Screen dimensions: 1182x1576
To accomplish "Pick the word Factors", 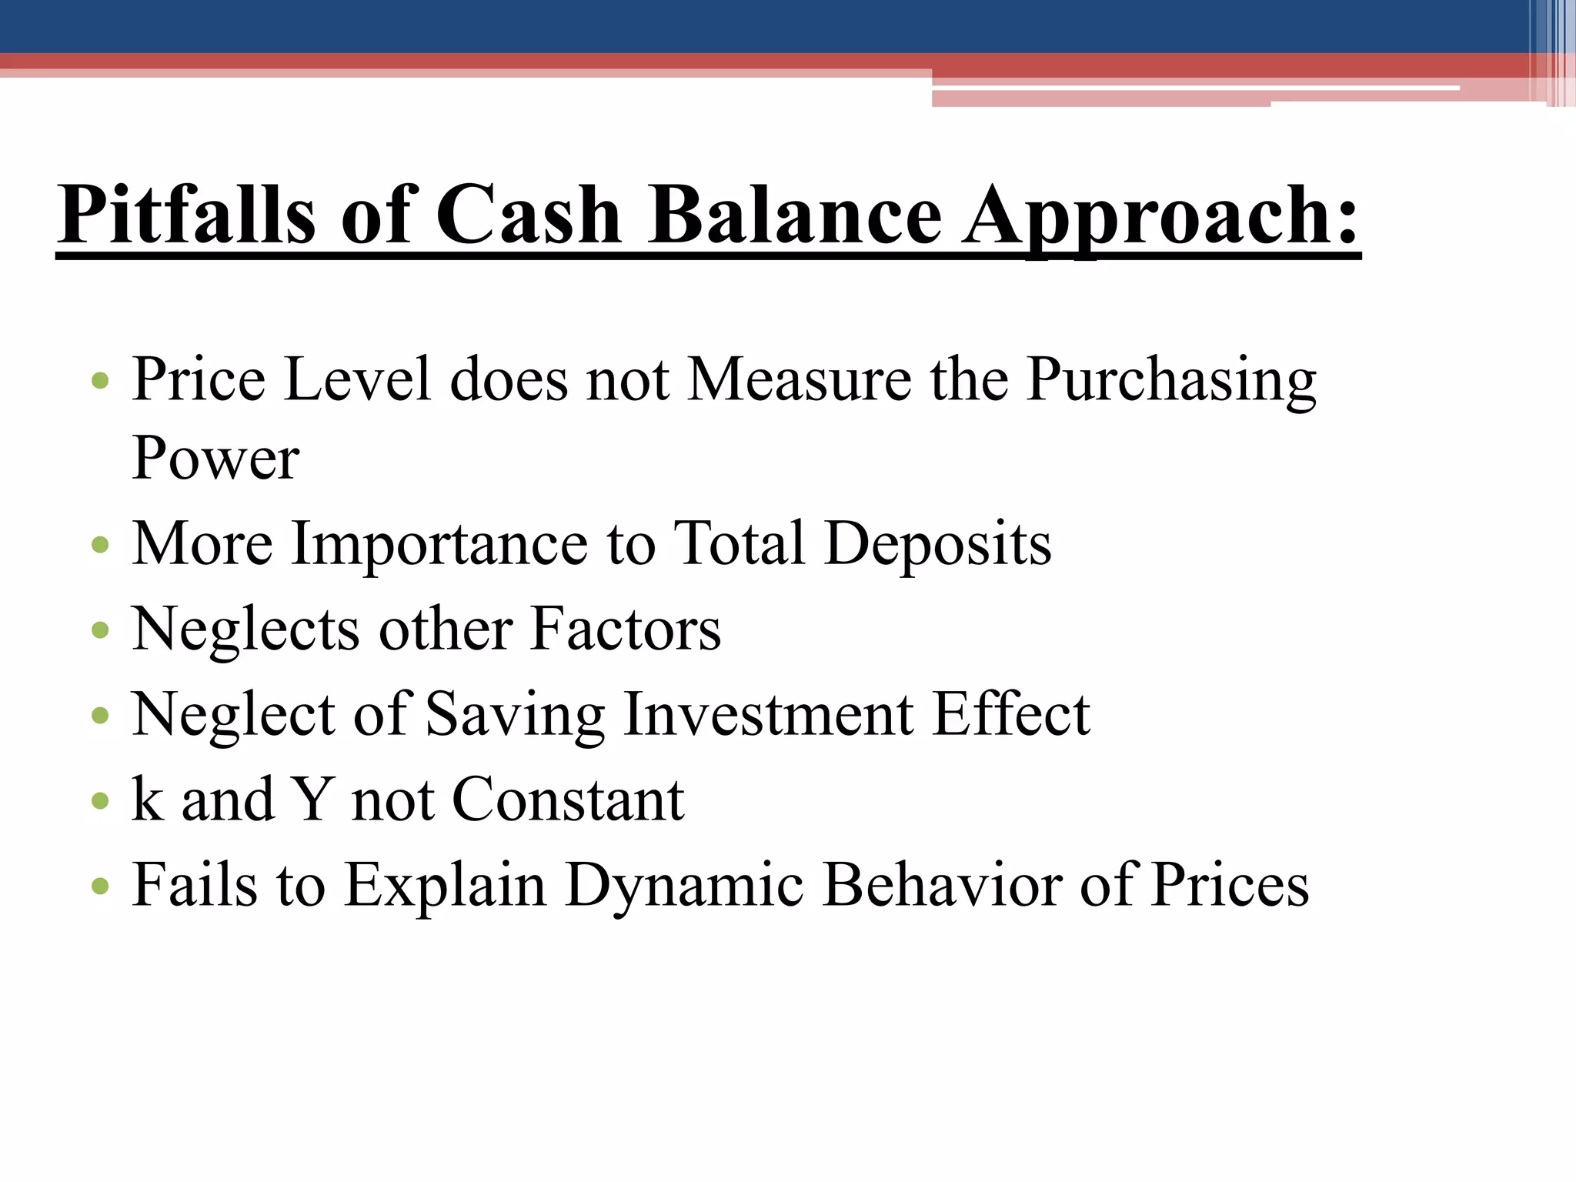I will pos(626,629).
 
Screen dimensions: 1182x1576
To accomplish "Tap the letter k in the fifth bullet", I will pos(147,799).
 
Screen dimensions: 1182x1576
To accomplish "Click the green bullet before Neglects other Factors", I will pos(100,631).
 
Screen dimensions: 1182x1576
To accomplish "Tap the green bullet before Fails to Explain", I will pos(100,887).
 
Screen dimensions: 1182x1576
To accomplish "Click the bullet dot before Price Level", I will pos(100,381).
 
